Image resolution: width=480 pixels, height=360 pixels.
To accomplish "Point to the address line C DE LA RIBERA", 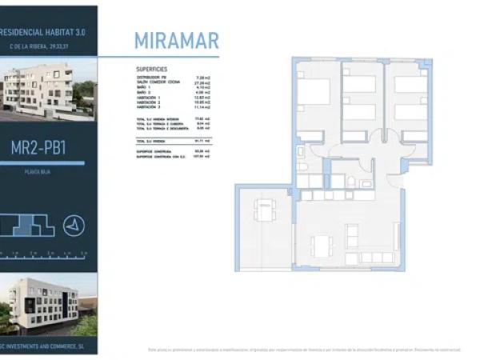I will [48, 47].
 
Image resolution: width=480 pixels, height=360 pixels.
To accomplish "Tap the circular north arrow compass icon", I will [74, 226].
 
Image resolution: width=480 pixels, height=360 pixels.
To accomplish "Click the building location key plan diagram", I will [28, 225].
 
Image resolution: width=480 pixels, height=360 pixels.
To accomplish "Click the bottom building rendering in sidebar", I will [48, 304].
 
